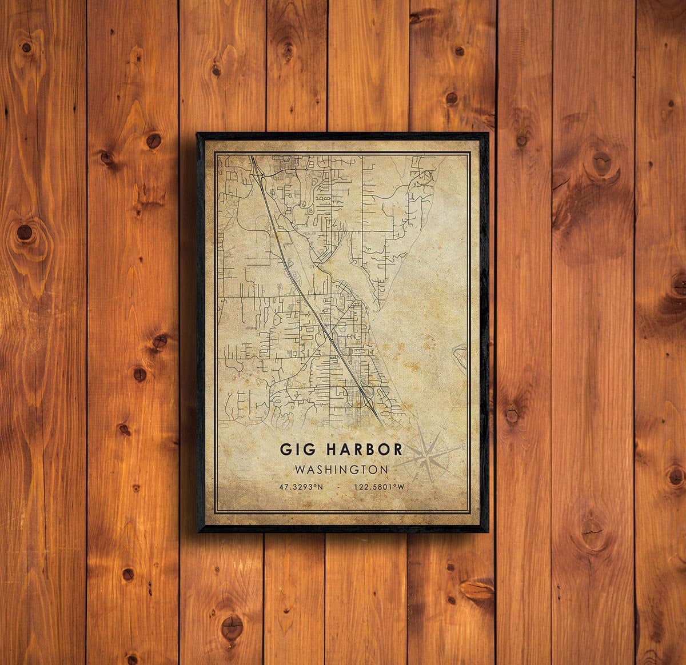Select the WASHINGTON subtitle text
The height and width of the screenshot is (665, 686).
(x=342, y=470)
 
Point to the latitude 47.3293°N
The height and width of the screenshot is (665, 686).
(x=301, y=487)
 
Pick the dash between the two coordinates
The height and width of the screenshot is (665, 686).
(x=341, y=487)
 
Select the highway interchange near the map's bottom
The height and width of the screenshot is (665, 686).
(x=366, y=394)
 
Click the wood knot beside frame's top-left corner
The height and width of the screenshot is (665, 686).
(x=153, y=140)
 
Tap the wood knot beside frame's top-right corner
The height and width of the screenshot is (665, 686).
(x=521, y=138)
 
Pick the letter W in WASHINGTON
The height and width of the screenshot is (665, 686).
(x=300, y=470)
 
